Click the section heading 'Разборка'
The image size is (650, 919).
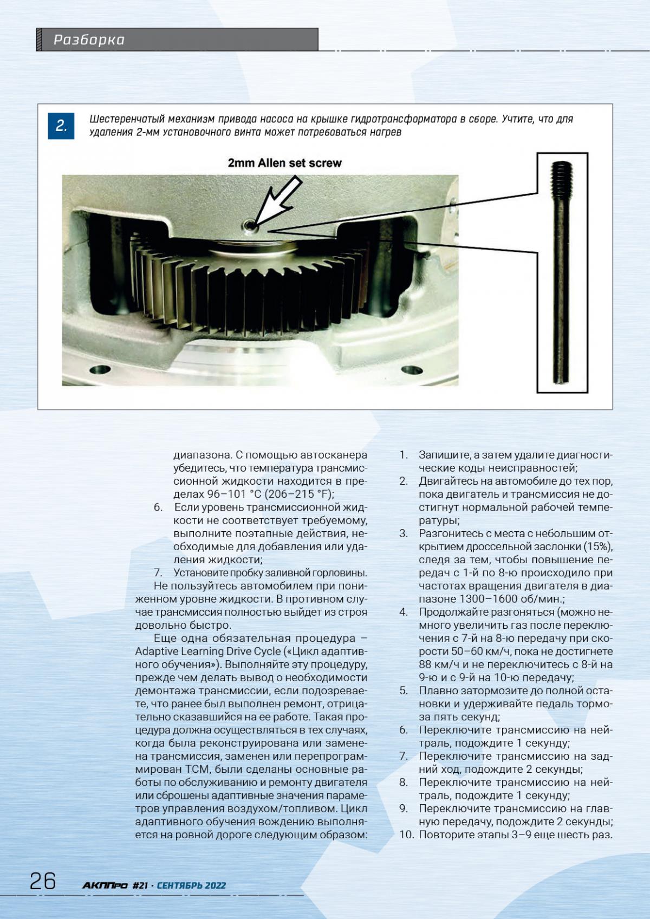89,40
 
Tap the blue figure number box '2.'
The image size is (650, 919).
61,126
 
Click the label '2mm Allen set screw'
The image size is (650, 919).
284,162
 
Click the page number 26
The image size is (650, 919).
43,881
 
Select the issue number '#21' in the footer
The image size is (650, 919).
140,885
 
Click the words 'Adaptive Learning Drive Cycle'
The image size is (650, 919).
207,651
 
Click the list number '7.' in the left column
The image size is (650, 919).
158,572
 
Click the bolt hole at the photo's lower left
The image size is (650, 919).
97,370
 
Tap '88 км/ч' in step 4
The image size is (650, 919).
438,664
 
